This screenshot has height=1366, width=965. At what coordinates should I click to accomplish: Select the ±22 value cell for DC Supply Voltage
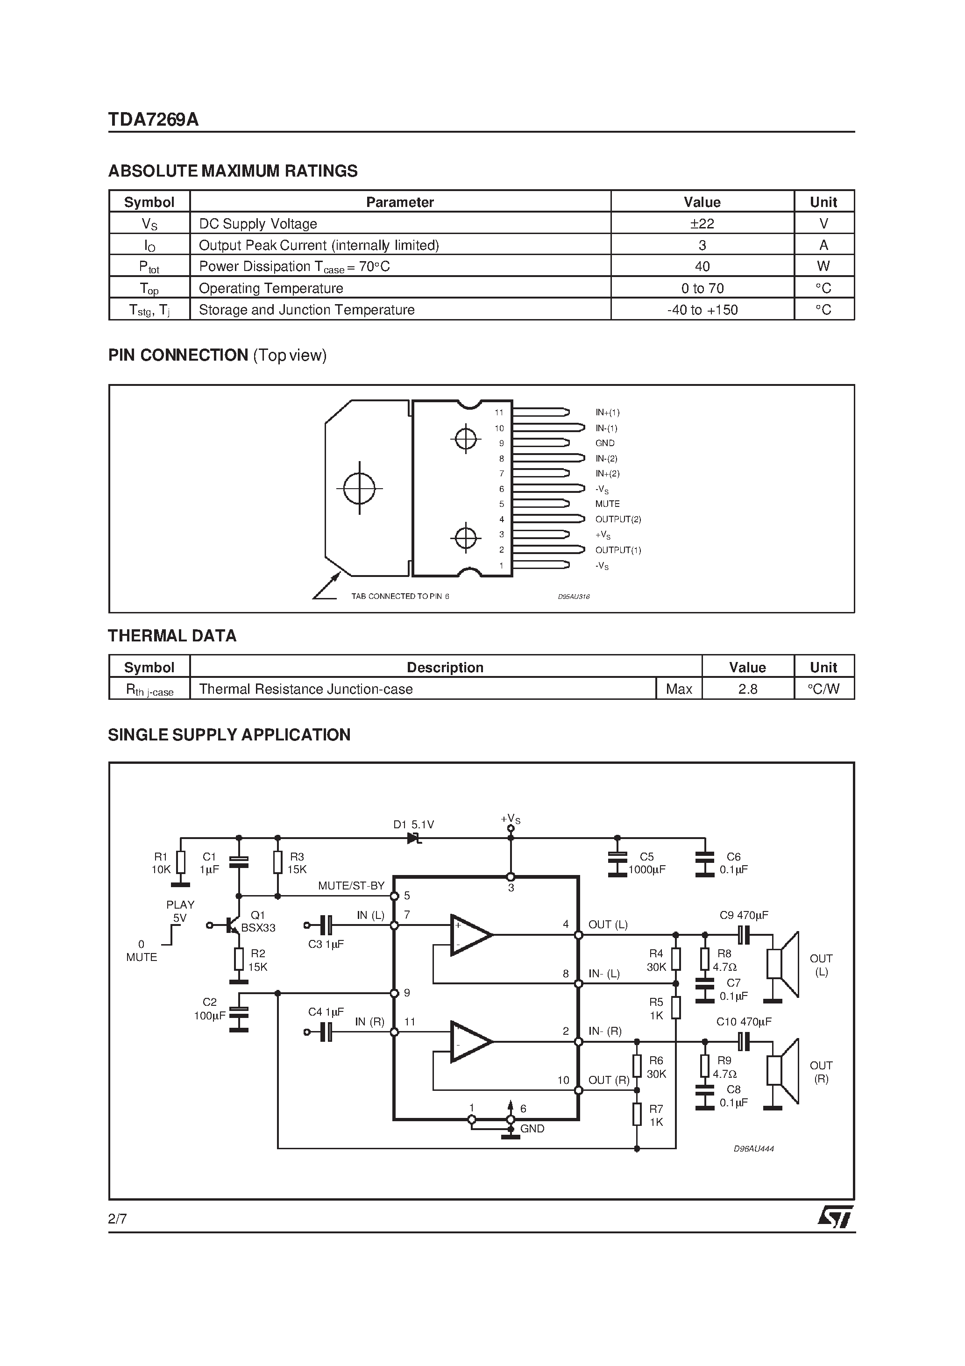coord(702,224)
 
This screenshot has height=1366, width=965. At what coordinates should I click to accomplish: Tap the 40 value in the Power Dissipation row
coord(702,267)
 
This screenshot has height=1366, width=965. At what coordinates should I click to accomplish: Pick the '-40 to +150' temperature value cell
coord(702,310)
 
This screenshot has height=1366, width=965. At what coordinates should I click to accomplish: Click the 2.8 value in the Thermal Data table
coord(747,689)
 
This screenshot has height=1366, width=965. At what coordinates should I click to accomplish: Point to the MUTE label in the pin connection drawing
coord(607,504)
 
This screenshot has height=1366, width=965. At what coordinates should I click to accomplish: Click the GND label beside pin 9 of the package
coord(604,443)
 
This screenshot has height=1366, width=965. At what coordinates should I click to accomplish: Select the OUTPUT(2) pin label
coord(617,519)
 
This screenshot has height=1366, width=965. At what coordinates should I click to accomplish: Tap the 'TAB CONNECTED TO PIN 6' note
coord(400,596)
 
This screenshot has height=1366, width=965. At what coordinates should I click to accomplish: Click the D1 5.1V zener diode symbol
coord(414,838)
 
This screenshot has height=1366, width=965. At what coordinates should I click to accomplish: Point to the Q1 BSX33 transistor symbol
coord(233,925)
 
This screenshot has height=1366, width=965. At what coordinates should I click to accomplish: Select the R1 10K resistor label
coord(161,863)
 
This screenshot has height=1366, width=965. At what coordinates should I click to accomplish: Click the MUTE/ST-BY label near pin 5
coord(351,885)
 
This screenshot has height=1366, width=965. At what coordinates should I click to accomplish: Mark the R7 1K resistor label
coord(656,1116)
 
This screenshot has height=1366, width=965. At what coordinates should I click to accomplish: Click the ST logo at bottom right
coord(835,1216)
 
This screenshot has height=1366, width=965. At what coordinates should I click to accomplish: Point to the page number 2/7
coord(117,1218)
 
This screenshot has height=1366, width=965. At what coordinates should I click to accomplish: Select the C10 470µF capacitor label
coord(744,1022)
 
